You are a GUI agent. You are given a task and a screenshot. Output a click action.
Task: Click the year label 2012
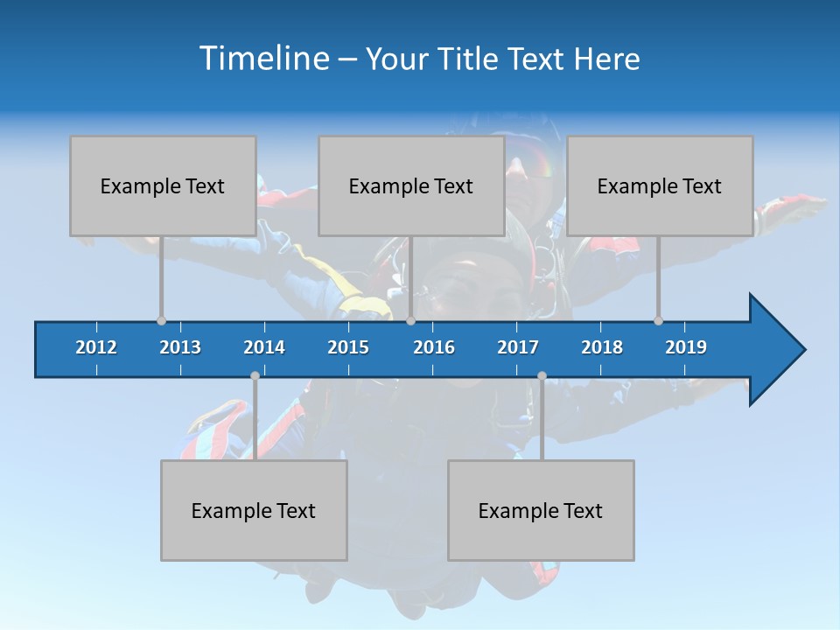click(x=96, y=347)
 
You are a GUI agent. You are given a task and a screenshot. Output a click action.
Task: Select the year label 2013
click(x=180, y=347)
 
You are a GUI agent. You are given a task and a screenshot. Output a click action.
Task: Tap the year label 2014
click(x=264, y=347)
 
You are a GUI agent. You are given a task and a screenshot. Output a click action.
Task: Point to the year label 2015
click(x=348, y=347)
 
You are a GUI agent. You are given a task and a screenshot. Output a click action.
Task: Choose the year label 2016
click(x=434, y=347)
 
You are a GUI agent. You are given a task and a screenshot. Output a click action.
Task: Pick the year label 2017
click(x=518, y=347)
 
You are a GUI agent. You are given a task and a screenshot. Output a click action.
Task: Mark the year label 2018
click(x=602, y=347)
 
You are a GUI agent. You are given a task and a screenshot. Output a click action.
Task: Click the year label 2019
click(x=686, y=347)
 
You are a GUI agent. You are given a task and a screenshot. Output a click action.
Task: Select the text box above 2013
click(x=163, y=185)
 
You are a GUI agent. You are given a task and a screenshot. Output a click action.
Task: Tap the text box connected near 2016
click(x=411, y=185)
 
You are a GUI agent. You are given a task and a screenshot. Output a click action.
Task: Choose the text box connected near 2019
click(x=660, y=185)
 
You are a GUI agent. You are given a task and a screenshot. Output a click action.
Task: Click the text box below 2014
click(x=254, y=510)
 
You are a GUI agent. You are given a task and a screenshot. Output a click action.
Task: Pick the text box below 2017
click(x=541, y=510)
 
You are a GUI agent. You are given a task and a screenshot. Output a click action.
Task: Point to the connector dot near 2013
click(x=161, y=320)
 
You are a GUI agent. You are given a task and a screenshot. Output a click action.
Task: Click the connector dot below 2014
click(x=255, y=376)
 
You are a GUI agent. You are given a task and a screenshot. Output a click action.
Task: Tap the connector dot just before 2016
click(x=410, y=320)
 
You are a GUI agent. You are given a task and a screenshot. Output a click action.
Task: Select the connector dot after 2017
click(x=542, y=376)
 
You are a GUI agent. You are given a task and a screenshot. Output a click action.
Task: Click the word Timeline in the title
click(x=263, y=59)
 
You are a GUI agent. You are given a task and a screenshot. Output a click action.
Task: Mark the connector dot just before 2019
click(x=658, y=320)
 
